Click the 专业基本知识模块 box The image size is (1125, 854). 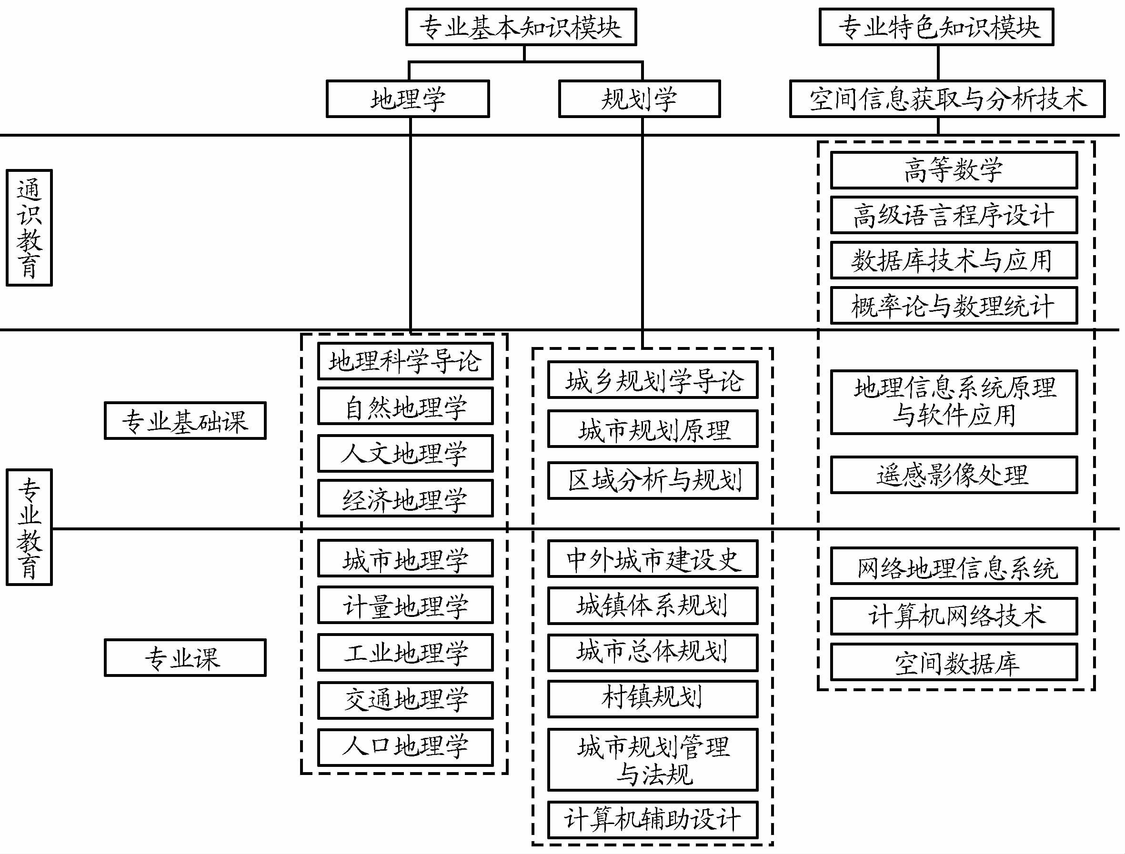point(521,27)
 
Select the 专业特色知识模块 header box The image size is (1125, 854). point(936,27)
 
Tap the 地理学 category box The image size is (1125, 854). point(408,99)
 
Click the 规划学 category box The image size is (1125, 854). point(639,99)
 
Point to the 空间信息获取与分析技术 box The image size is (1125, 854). point(947,99)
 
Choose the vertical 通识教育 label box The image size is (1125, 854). point(29,228)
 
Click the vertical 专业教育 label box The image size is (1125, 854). point(29,527)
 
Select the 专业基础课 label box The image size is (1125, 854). point(185,421)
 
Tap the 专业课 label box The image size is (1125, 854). point(185,658)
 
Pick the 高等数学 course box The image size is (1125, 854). point(954,170)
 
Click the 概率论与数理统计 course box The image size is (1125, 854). point(954,306)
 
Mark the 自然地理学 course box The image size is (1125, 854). point(405,406)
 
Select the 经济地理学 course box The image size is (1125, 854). point(405,499)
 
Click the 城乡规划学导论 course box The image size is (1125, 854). point(653,380)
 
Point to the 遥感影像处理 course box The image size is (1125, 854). point(954,475)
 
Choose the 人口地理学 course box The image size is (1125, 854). point(405,747)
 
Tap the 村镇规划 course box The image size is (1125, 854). point(653,698)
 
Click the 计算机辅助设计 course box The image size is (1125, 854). point(653,820)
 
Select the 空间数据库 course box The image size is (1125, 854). point(954,662)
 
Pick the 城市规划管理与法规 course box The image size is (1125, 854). point(653,760)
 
